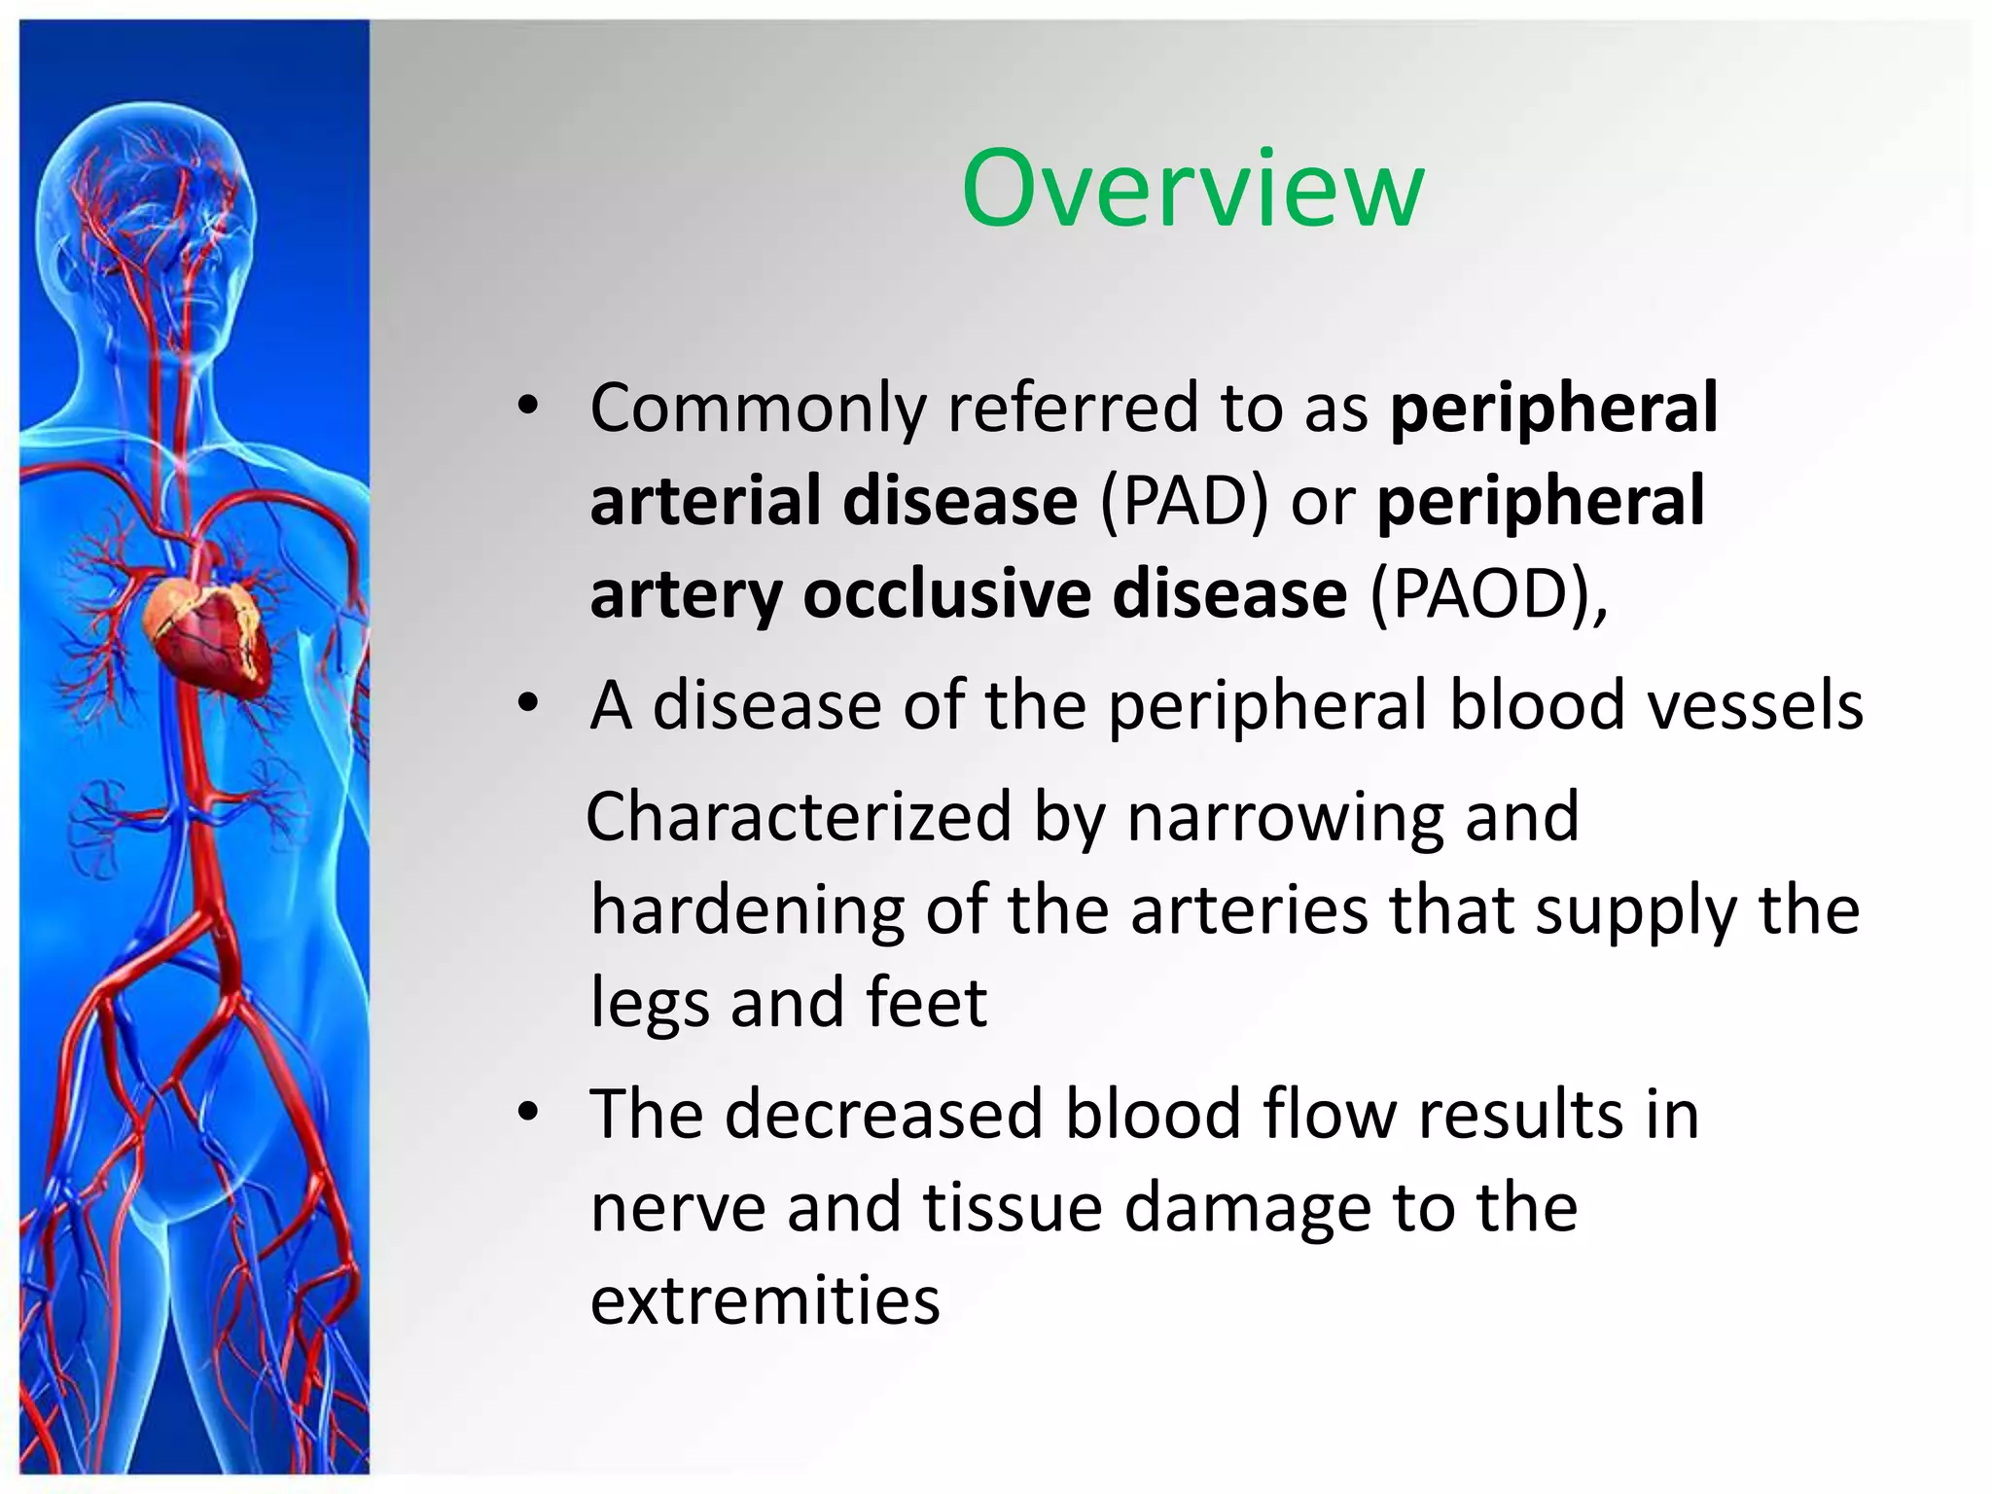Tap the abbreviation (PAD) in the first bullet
pos(1185,501)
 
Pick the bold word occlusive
pos(946,593)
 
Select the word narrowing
pos(1285,817)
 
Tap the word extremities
pos(765,1300)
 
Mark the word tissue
pos(1013,1208)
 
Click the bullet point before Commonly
pos(527,408)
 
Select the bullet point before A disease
pos(527,704)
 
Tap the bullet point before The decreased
pos(527,1114)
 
